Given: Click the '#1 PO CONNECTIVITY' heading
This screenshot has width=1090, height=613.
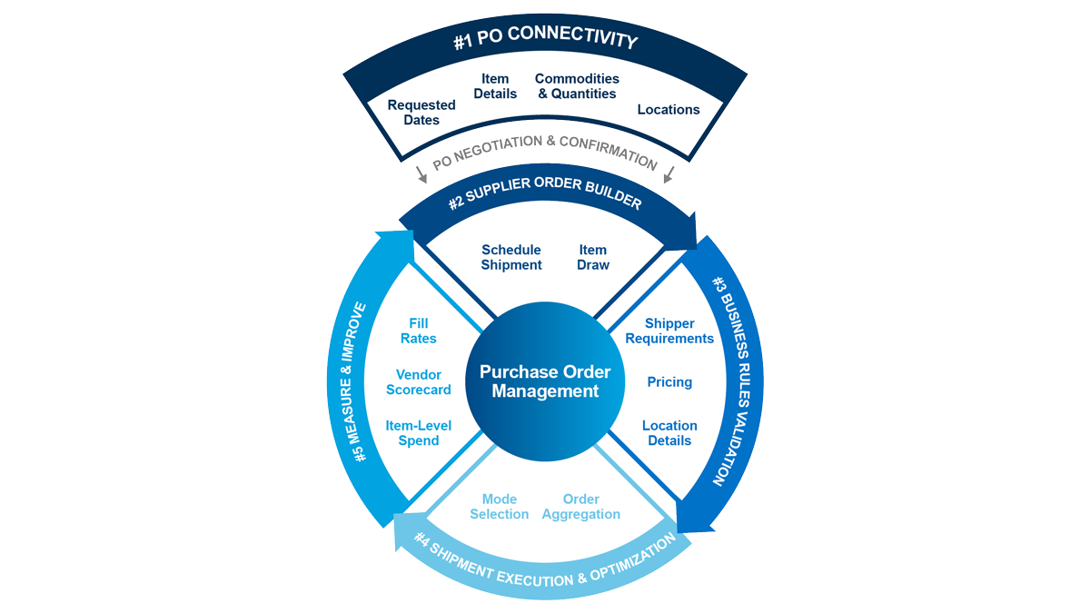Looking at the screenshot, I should click(545, 41).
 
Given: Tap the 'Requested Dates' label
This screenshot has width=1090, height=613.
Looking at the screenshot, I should click(421, 113).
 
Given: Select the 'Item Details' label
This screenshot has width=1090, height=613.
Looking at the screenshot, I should click(495, 86).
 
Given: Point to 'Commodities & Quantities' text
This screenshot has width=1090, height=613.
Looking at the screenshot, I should click(577, 86).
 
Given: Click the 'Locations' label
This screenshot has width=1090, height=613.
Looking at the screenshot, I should click(669, 110).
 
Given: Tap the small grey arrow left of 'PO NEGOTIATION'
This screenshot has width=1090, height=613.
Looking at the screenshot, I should click(419, 174).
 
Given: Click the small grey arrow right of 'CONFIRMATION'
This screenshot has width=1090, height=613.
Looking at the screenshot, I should click(669, 174).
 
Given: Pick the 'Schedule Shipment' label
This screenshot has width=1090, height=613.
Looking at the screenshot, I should click(511, 257).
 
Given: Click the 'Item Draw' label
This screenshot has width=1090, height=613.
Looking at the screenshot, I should click(593, 257).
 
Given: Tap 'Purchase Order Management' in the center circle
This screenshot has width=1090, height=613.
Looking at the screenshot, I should click(545, 381).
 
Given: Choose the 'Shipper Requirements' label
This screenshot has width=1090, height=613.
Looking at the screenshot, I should click(669, 331).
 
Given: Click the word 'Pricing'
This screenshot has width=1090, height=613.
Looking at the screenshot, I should click(669, 382).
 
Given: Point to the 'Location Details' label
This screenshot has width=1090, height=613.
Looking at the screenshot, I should click(669, 433).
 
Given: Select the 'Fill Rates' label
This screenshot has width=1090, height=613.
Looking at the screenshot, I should click(419, 331).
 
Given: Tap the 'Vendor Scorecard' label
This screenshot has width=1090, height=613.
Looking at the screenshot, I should click(419, 382).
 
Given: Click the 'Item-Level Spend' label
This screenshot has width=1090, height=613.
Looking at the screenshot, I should click(419, 433).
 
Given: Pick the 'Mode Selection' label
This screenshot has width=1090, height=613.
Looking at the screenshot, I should click(500, 507).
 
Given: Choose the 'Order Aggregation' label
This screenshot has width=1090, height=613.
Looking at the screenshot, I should click(581, 507).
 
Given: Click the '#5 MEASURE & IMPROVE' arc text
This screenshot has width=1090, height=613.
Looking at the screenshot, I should click(361, 381).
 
